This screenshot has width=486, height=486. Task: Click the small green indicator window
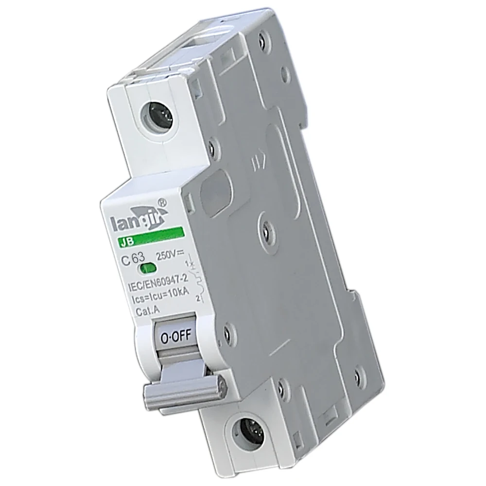[148, 268]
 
